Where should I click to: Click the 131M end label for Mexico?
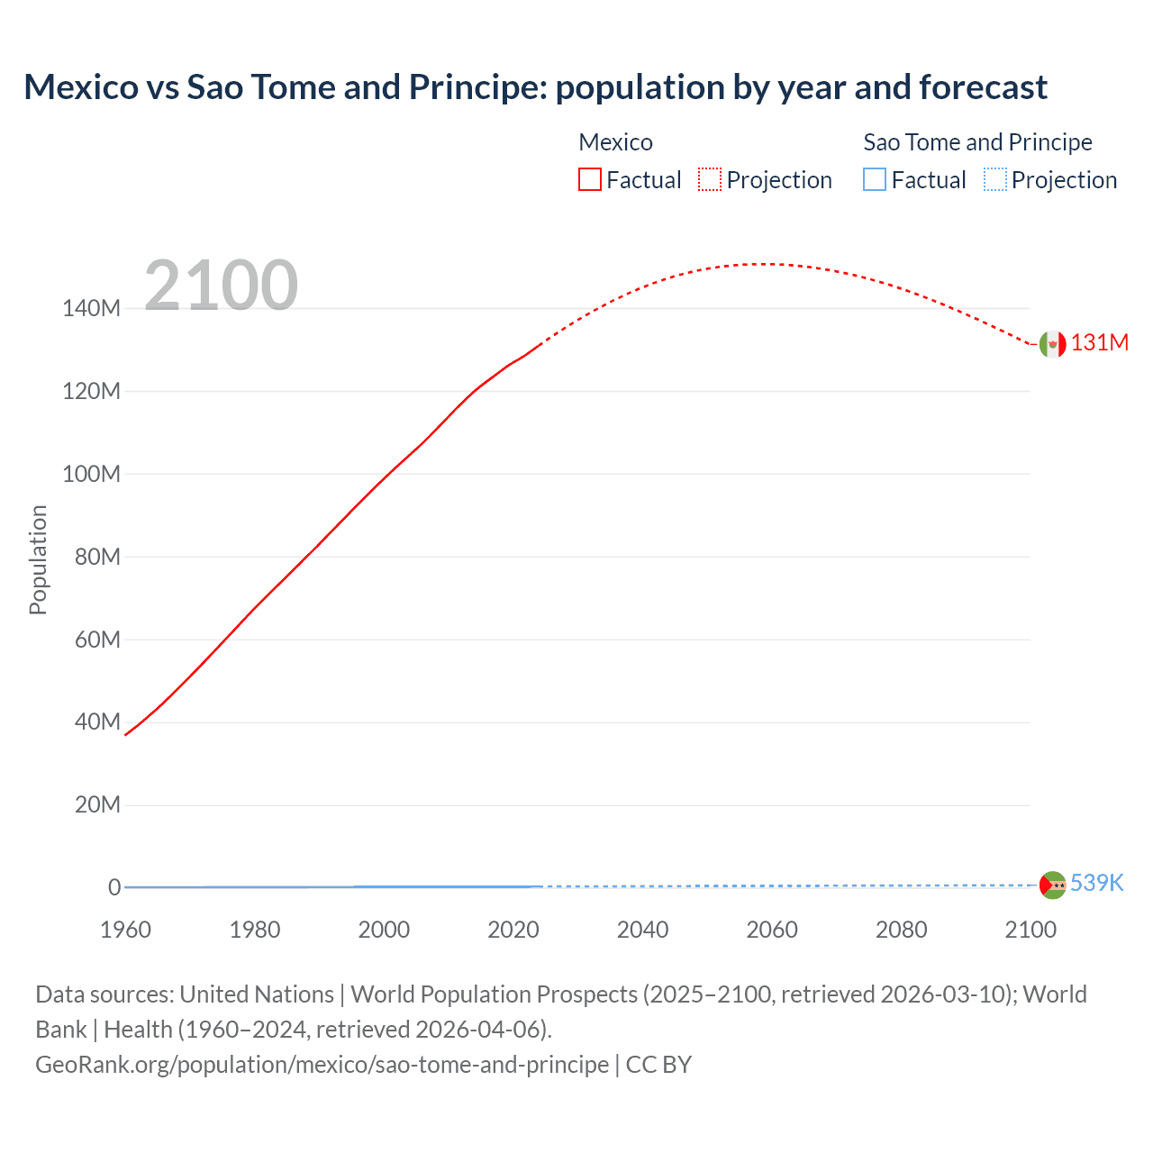pyautogui.click(x=1099, y=343)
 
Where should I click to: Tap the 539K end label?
pyautogui.click(x=1096, y=883)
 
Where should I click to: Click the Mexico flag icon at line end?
pyautogui.click(x=1052, y=344)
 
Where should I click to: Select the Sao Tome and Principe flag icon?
pyautogui.click(x=1052, y=885)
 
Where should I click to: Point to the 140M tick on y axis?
pyautogui.click(x=91, y=308)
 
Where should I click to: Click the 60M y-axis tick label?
pyautogui.click(x=96, y=640)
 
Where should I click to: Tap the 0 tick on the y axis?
pyautogui.click(x=114, y=887)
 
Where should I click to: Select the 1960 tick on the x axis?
pyautogui.click(x=125, y=930)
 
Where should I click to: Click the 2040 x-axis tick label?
pyautogui.click(x=642, y=930)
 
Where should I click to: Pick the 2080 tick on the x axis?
pyautogui.click(x=901, y=930)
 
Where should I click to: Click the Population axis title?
pyautogui.click(x=38, y=559)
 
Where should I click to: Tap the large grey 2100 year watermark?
pyautogui.click(x=221, y=286)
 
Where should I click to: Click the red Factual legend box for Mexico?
pyautogui.click(x=589, y=179)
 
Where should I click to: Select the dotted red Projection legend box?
pyautogui.click(x=710, y=179)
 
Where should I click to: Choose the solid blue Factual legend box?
pyautogui.click(x=874, y=179)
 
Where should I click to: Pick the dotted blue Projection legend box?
pyautogui.click(x=994, y=179)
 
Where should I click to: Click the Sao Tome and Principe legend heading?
pyautogui.click(x=977, y=142)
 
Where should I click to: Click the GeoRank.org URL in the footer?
pyautogui.click(x=322, y=1065)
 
